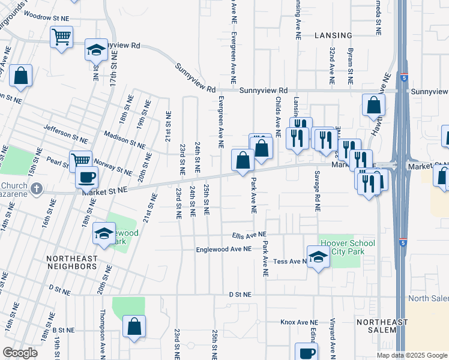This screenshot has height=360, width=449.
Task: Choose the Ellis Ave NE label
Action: coord(249,235)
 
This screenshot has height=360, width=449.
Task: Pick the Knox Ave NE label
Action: coord(298,322)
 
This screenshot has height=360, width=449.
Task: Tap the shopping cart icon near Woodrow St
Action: coord(61,37)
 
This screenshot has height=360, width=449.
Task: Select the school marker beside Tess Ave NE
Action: coord(318,257)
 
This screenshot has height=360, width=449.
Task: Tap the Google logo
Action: coord(20,353)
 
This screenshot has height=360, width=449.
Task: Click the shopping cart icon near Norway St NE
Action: coord(80,160)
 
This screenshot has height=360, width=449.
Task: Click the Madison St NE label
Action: coord(124,140)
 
